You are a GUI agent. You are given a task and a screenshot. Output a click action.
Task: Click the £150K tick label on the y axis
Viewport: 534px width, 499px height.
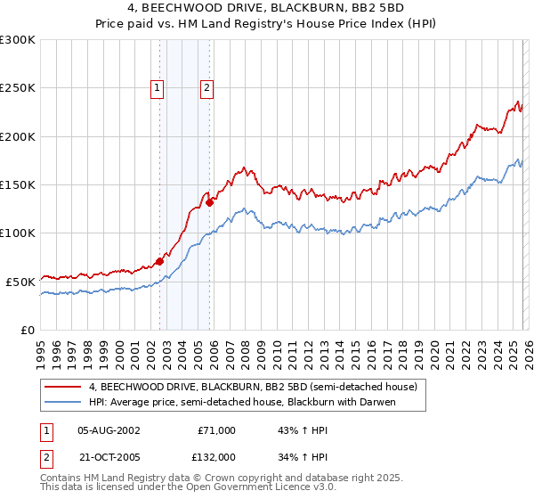click(18, 185)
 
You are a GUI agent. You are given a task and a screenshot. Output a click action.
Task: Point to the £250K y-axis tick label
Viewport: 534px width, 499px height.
click(18, 88)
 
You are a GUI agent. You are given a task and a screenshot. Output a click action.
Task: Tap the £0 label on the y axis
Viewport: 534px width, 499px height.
click(28, 330)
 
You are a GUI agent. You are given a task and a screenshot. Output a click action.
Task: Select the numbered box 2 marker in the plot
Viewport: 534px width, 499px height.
click(207, 87)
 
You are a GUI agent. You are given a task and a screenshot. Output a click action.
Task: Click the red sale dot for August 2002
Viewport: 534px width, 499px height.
click(159, 261)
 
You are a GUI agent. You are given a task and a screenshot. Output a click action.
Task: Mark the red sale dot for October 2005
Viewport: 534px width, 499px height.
click(210, 202)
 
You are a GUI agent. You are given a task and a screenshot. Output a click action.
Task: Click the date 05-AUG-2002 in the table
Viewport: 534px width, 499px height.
click(109, 429)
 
